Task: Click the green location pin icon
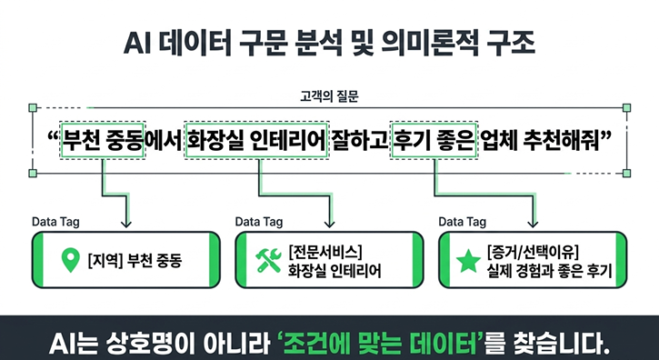70,260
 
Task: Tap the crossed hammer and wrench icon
268,260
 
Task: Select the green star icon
468,260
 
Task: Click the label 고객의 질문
329,97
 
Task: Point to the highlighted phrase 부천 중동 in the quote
103,141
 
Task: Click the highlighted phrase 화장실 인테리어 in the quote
256,141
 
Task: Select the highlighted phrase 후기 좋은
434,141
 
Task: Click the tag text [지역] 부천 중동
135,261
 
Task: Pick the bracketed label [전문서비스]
325,252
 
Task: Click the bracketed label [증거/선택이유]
533,252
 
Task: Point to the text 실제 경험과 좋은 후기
548,271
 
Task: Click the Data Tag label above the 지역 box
55,222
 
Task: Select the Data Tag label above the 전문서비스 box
258,222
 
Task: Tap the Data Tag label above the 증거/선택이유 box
462,222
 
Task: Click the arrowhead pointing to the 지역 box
125,224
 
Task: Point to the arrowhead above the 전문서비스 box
329,224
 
